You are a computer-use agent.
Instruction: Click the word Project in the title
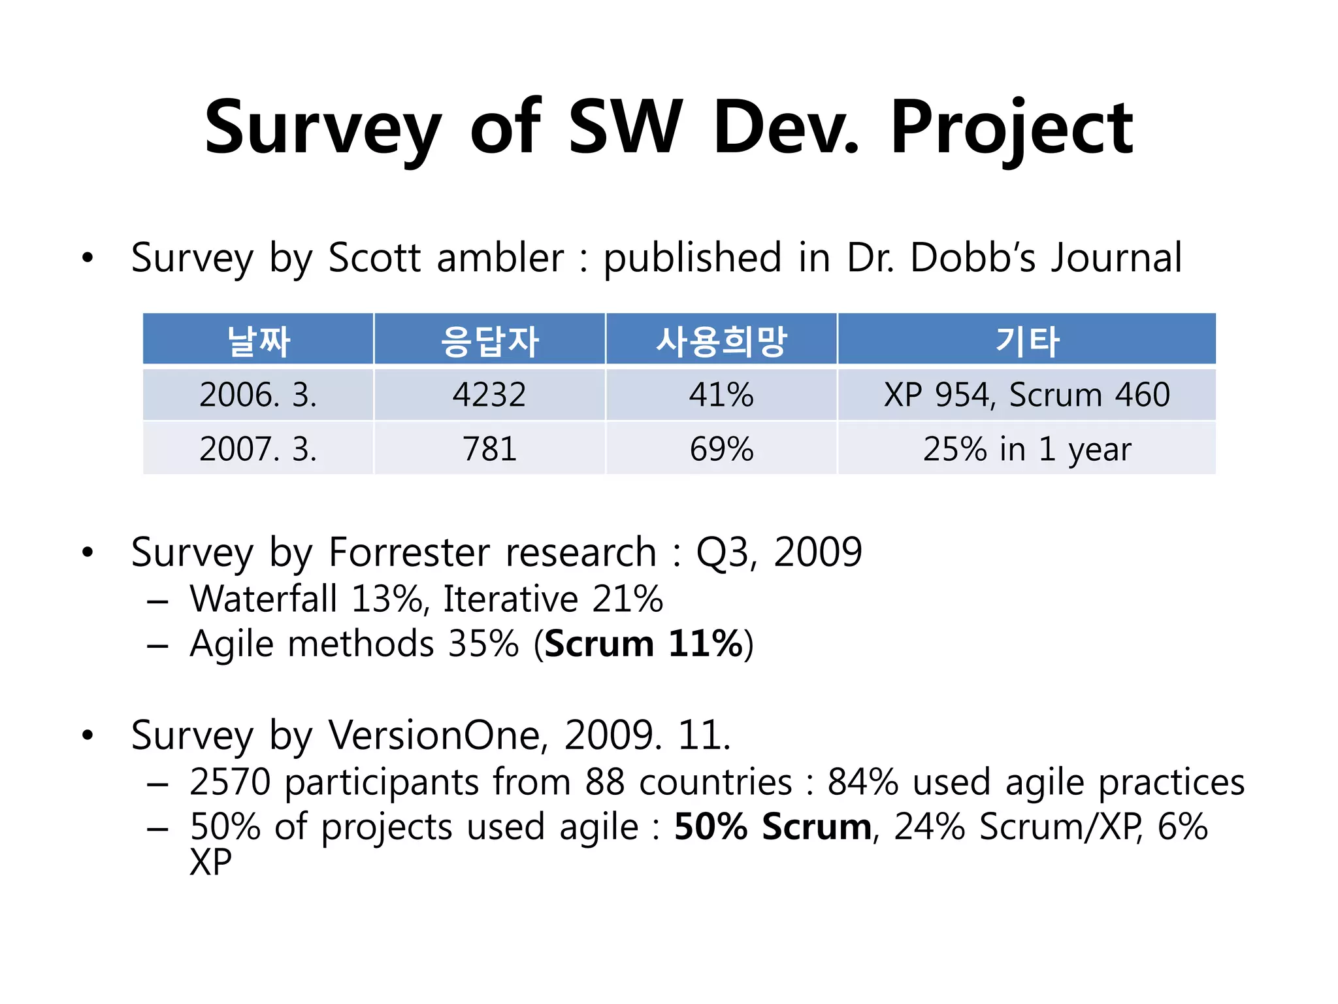tap(1011, 127)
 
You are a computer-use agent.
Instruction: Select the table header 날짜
tap(258, 341)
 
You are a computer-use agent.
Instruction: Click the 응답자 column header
tap(489, 341)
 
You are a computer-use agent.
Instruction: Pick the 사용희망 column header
tap(721, 341)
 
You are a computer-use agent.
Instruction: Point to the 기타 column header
tap(1026, 341)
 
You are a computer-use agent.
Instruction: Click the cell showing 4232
tap(489, 395)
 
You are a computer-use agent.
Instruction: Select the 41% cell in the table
tap(721, 395)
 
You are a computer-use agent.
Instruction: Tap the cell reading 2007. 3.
tap(258, 449)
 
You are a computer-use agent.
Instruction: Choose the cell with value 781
tap(489, 449)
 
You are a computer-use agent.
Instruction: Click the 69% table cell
tap(721, 449)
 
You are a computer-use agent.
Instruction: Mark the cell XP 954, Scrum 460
tap(1026, 395)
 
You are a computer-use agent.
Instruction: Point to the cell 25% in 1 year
tap(1026, 449)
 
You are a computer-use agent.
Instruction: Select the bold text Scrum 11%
tap(644, 644)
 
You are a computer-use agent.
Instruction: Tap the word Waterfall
tap(263, 599)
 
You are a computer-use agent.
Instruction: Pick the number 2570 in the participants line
tap(230, 782)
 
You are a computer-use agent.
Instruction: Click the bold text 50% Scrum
tap(773, 827)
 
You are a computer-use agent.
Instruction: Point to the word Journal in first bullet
tap(1117, 258)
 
